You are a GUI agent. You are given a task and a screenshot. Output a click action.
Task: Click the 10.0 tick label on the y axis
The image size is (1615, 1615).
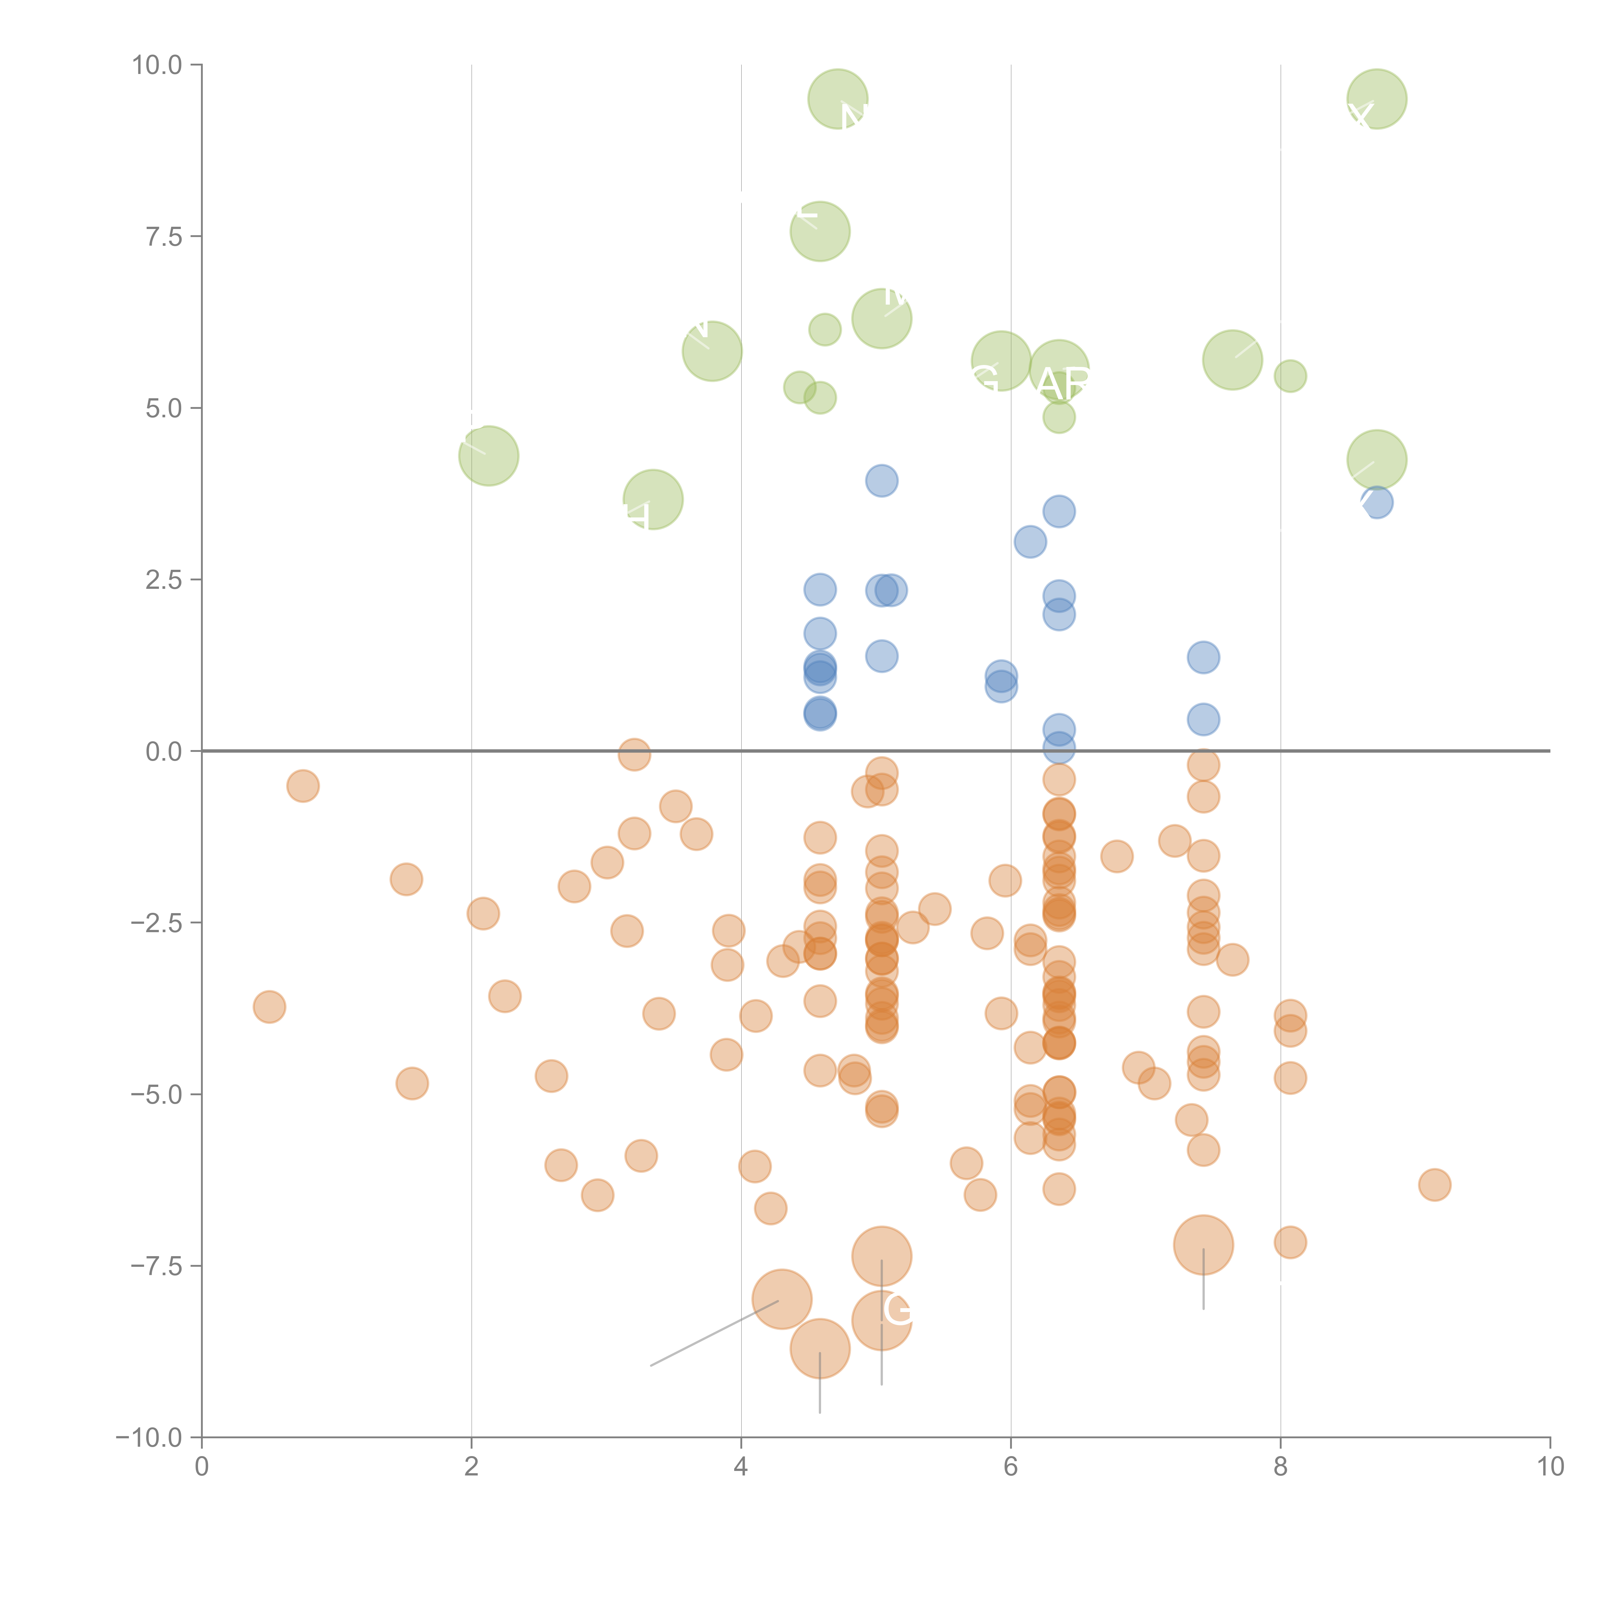click(x=157, y=65)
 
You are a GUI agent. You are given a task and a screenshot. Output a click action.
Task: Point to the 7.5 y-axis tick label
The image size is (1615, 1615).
click(x=164, y=236)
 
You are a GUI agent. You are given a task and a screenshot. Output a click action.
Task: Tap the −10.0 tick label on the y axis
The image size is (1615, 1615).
click(x=149, y=1438)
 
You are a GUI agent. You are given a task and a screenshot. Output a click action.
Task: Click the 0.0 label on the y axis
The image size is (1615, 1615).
click(x=164, y=752)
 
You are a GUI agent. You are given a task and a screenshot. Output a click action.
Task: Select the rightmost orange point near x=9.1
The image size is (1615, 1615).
click(x=1434, y=1184)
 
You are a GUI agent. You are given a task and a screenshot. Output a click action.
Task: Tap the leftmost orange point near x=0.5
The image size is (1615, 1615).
click(x=269, y=1007)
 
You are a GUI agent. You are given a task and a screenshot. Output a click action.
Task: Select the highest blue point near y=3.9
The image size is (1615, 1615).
click(x=882, y=481)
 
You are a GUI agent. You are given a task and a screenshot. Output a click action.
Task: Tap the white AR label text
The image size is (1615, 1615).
click(x=1063, y=384)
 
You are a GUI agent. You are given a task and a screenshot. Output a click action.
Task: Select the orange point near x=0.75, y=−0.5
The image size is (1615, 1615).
click(x=303, y=786)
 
